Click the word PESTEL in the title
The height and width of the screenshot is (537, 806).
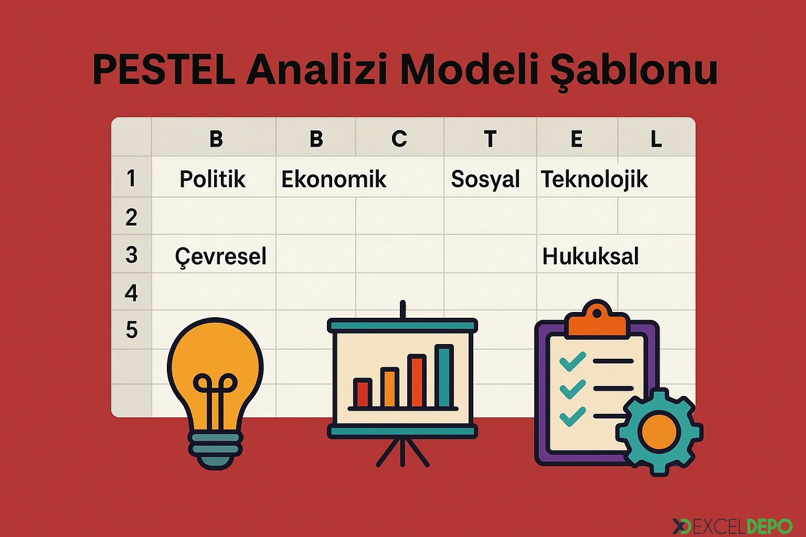(x=164, y=70)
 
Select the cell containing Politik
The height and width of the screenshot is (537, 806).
(x=213, y=179)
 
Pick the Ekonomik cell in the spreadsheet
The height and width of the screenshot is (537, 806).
(x=334, y=179)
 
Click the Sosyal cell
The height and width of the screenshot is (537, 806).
(x=485, y=179)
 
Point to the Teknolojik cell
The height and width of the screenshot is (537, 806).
(x=594, y=179)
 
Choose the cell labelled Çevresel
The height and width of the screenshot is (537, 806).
(x=220, y=256)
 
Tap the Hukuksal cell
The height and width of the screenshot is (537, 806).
(x=590, y=256)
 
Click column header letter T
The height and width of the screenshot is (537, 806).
(x=490, y=139)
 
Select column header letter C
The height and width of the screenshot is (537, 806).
(x=399, y=138)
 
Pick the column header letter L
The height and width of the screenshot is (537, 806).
(x=656, y=139)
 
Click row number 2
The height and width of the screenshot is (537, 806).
(x=131, y=217)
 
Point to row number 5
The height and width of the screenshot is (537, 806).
(x=131, y=330)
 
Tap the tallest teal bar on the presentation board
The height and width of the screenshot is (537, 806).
(x=444, y=375)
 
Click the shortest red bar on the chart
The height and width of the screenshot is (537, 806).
(x=362, y=393)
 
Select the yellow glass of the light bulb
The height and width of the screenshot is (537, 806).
(x=215, y=357)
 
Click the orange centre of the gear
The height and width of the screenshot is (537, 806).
(x=660, y=431)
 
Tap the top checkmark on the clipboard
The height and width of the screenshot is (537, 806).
(x=572, y=361)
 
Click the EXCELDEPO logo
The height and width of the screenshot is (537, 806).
(x=732, y=526)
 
